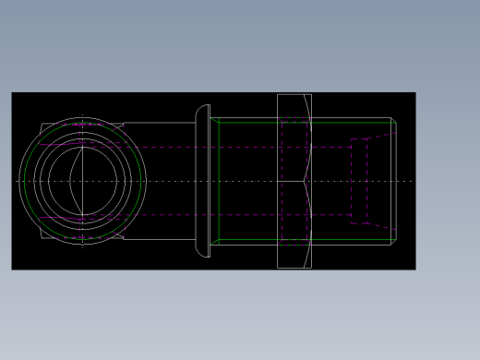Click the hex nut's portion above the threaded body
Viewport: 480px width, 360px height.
(x=294, y=105)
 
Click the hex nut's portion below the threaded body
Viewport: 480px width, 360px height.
(x=294, y=257)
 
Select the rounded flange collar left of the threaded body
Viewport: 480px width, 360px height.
(x=202, y=180)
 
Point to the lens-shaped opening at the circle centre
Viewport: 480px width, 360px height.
(x=83, y=181)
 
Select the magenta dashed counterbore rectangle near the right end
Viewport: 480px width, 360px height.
(x=359, y=181)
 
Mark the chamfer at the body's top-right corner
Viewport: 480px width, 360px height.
(x=394, y=120)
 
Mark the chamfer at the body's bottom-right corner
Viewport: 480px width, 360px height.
(x=394, y=242)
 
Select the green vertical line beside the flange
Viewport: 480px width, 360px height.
(x=219, y=181)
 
